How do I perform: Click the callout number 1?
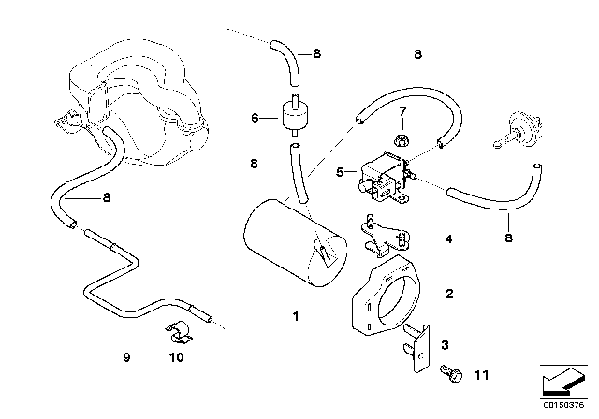[296, 316]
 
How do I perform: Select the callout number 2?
[449, 294]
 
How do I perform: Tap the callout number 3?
[446, 345]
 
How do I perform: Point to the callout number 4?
[448, 238]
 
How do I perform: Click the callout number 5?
[340, 172]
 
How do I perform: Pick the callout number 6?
[255, 118]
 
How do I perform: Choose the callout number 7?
[402, 112]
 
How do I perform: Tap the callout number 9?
[127, 357]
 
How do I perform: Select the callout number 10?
[177, 357]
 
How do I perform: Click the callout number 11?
[481, 375]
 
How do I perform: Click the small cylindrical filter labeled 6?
[294, 114]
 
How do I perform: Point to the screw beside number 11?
[451, 373]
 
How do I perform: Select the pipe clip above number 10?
[179, 332]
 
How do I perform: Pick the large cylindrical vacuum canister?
[295, 243]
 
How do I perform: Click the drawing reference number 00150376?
[563, 405]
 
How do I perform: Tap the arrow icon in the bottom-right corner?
[562, 382]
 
